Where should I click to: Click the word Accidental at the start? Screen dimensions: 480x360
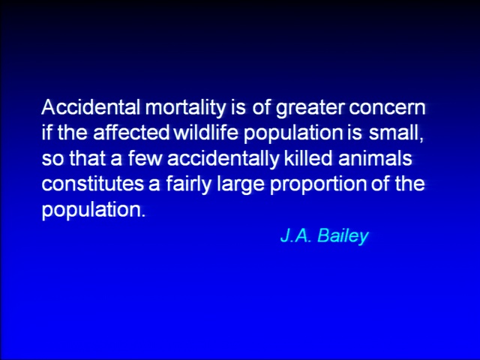(91, 107)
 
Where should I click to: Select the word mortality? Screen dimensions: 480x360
(185, 109)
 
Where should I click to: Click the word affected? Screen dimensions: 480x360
(131, 133)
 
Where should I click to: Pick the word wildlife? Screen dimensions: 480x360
(206, 133)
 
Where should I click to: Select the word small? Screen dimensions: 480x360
(397, 133)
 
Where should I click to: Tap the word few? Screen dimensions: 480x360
(144, 158)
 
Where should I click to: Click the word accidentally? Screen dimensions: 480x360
(223, 160)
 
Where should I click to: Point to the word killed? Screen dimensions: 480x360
(308, 158)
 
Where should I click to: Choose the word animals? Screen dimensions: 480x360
(375, 158)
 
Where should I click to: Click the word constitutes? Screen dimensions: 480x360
(92, 184)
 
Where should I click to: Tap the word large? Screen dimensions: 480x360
(240, 185)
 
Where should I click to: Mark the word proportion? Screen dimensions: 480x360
(318, 185)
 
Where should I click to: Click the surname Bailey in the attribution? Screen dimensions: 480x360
(343, 236)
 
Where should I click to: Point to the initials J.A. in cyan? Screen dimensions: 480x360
(296, 235)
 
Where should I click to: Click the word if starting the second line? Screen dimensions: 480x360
(46, 133)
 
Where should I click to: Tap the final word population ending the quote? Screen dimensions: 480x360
(93, 211)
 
